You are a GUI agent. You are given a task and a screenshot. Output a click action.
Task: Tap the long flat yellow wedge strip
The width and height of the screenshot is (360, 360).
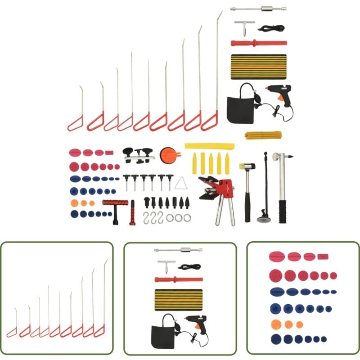pyautogui.click(x=209, y=146)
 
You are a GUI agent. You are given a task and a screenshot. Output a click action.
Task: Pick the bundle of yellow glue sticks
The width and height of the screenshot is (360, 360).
pyautogui.click(x=263, y=135)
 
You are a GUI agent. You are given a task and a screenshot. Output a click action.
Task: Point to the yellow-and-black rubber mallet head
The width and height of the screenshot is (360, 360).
pyautogui.click(x=247, y=166)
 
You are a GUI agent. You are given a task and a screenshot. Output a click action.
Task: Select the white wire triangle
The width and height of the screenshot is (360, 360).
pyautogui.click(x=181, y=183)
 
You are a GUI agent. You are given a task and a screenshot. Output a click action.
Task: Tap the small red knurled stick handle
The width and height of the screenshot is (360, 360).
pyautogui.click(x=132, y=215)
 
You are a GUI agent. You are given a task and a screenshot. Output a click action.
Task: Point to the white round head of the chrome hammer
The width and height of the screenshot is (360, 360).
pyautogui.click(x=275, y=157)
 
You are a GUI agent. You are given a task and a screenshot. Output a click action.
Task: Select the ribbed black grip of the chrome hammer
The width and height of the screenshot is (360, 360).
pyautogui.click(x=282, y=211)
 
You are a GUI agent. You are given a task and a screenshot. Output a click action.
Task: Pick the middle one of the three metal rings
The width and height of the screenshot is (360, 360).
pyautogui.click(x=179, y=218)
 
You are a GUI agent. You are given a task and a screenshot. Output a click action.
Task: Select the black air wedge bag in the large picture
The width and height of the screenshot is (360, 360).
pyautogui.click(x=239, y=109)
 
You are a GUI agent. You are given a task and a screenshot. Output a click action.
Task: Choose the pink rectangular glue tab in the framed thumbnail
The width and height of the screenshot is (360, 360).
pyautogui.click(x=323, y=256)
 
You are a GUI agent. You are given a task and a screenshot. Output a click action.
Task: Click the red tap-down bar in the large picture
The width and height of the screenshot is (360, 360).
pyautogui.click(x=258, y=43)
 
